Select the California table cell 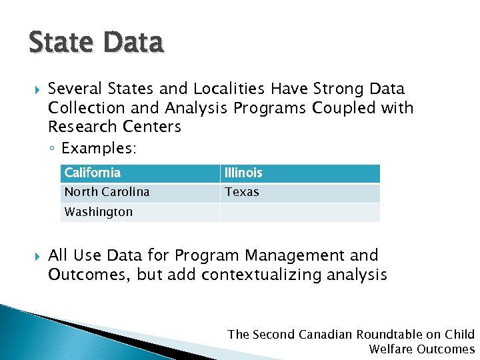tap(140, 173)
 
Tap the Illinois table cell tap(300, 173)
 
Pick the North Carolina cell tap(140, 193)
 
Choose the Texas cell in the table tap(300, 193)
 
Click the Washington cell tap(140, 212)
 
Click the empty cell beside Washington tap(300, 212)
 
